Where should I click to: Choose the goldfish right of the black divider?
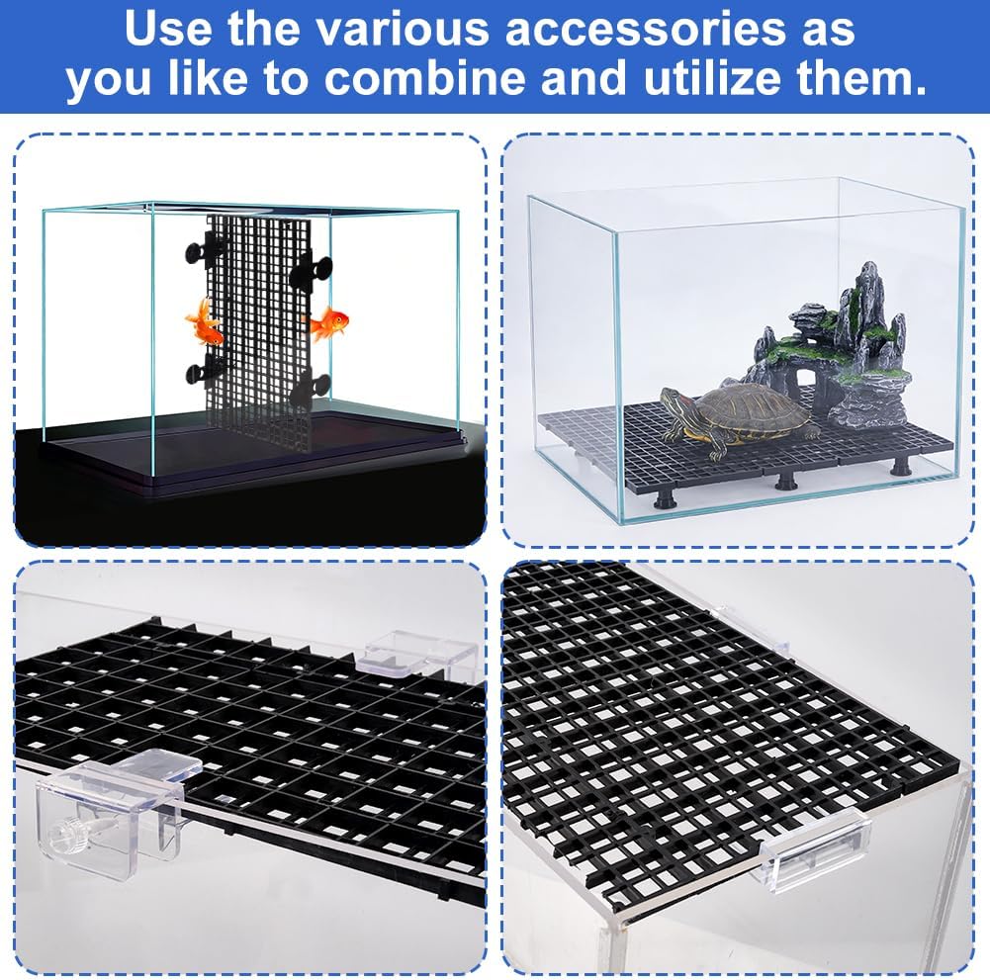coord(329,322)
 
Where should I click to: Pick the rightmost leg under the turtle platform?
coord(901,465)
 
